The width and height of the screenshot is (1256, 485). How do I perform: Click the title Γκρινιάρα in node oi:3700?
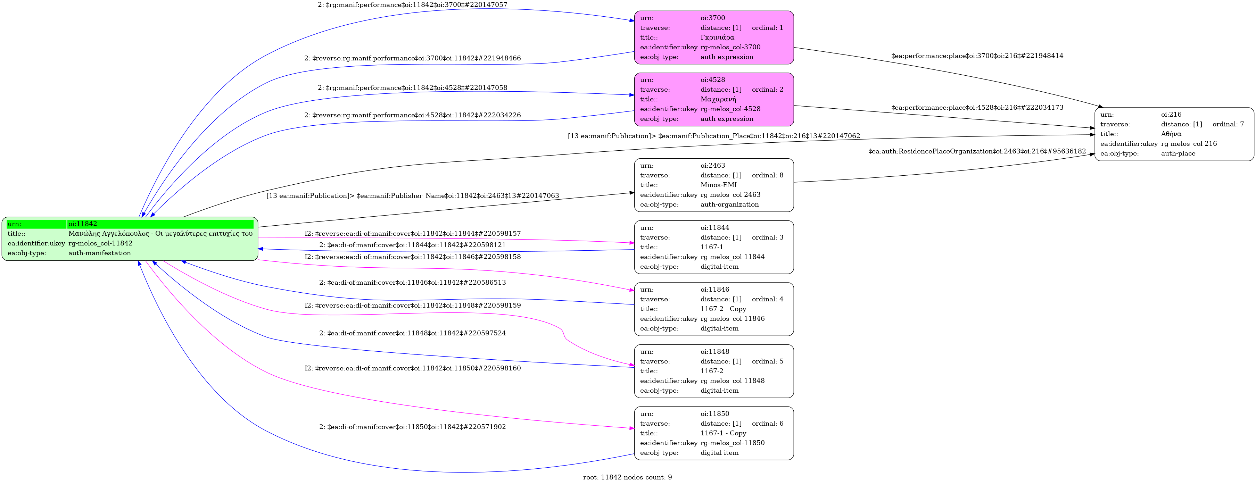[x=717, y=37]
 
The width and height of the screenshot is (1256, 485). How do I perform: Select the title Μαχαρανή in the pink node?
[x=718, y=99]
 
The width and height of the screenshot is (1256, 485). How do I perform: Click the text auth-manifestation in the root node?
[x=99, y=253]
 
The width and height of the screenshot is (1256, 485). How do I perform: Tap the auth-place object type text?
[x=1178, y=153]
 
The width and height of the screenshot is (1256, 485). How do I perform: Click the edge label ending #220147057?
[x=413, y=5]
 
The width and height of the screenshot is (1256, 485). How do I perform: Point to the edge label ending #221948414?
[x=977, y=56]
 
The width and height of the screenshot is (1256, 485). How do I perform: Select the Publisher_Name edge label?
[x=413, y=196]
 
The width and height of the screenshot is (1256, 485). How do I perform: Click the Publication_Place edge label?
[x=714, y=136]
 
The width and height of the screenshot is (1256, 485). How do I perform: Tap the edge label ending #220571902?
[x=413, y=427]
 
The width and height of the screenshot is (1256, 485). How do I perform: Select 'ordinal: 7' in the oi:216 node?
[x=1228, y=124]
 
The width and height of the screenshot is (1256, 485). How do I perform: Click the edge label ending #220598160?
[x=413, y=368]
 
